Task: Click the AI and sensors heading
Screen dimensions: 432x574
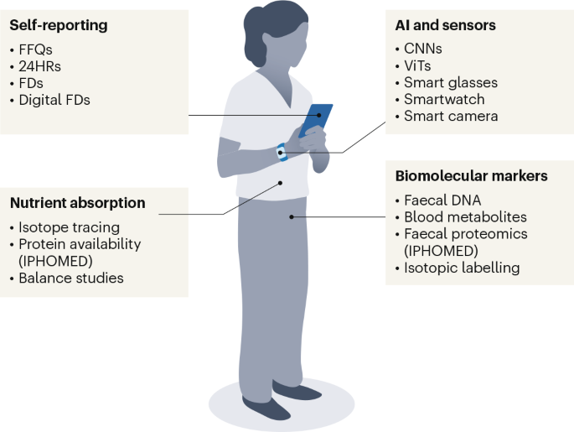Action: click(x=445, y=26)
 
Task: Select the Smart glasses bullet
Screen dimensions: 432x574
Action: click(x=449, y=82)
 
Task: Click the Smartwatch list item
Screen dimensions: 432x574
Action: click(x=444, y=99)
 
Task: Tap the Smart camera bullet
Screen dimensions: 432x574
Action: click(x=450, y=116)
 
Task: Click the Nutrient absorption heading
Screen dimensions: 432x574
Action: click(x=78, y=203)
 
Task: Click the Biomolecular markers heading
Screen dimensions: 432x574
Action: click(x=471, y=176)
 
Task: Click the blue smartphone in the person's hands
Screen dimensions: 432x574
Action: click(x=316, y=121)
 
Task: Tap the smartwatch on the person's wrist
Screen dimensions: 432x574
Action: click(x=282, y=154)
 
